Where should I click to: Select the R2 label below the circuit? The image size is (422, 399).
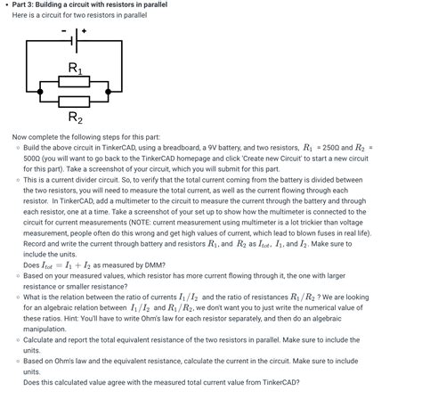tap(75, 118)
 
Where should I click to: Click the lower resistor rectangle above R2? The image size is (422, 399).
tap(75, 102)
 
